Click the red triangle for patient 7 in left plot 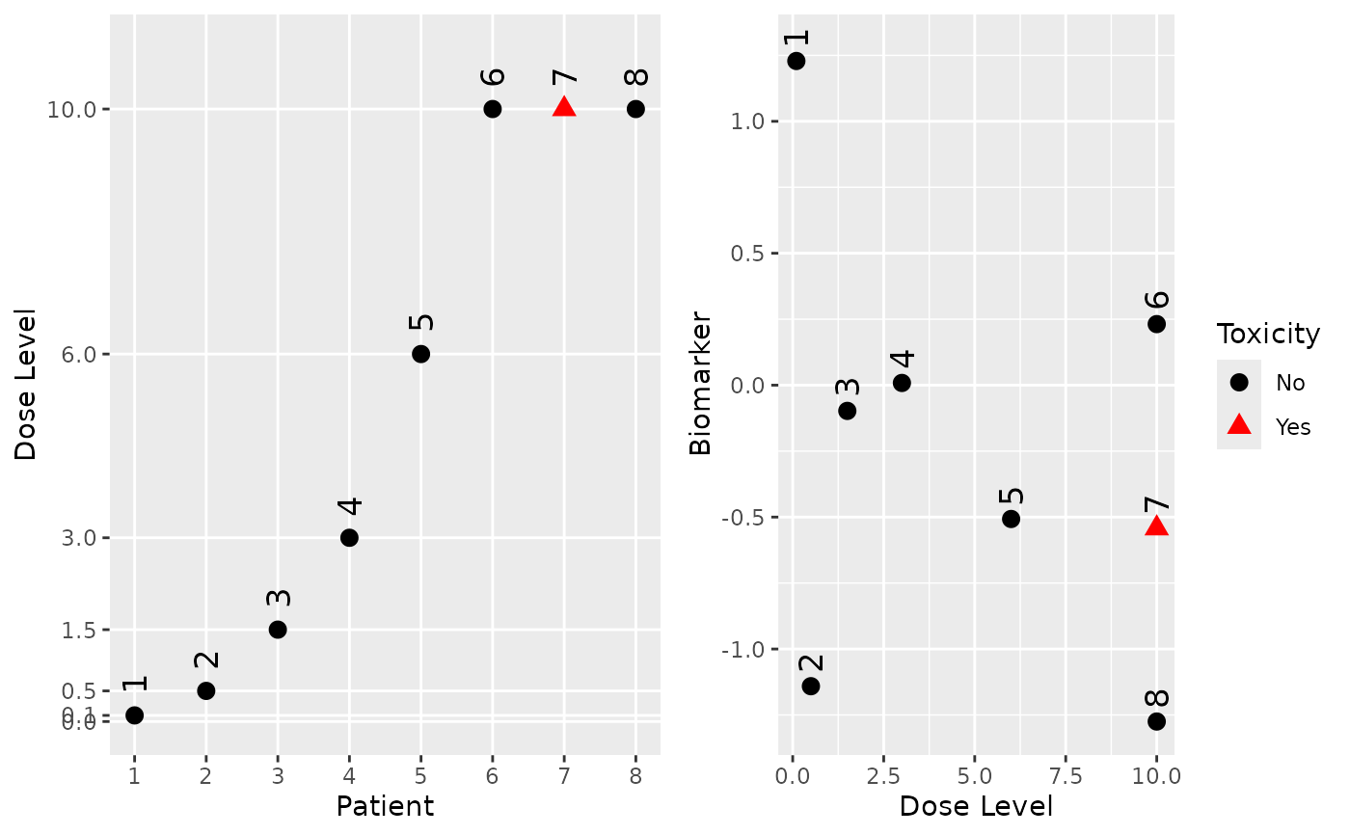click(x=564, y=107)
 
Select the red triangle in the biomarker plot click(x=1156, y=525)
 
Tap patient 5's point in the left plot click(x=420, y=354)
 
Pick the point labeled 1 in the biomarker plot click(x=796, y=61)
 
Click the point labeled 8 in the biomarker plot click(x=1156, y=721)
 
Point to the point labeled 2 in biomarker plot click(x=811, y=687)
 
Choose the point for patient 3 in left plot click(x=278, y=630)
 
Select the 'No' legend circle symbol click(x=1239, y=383)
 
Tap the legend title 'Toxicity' click(x=1268, y=335)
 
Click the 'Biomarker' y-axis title click(x=700, y=383)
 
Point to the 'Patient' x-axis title click(x=384, y=806)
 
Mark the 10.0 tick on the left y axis click(x=72, y=110)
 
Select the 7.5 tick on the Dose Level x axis click(x=1066, y=776)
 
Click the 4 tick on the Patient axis click(x=349, y=775)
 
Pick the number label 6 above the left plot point click(x=493, y=77)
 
